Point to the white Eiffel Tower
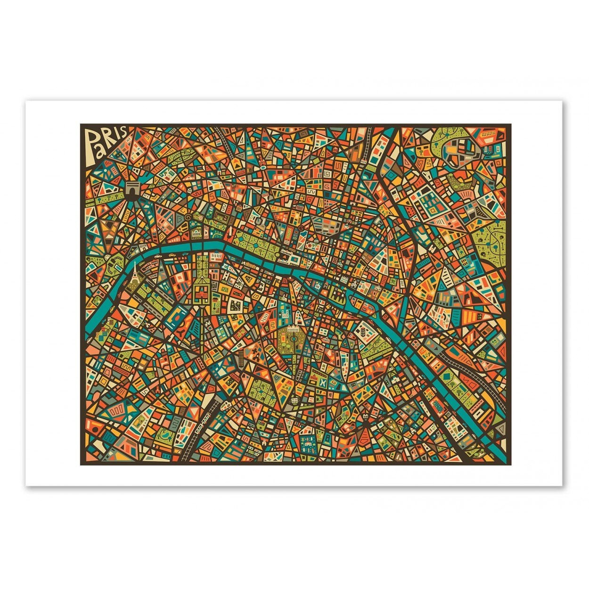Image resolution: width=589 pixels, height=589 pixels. [135, 272]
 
